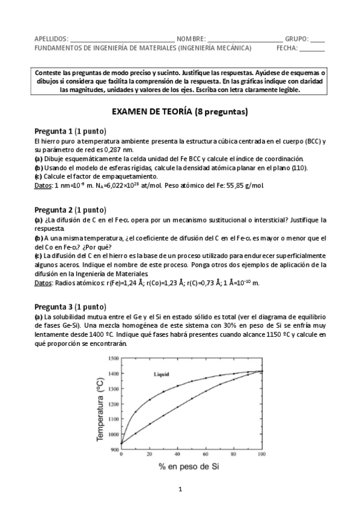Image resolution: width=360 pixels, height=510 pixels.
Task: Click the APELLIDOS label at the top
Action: click(51, 38)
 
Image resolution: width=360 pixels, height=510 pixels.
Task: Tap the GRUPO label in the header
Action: click(296, 38)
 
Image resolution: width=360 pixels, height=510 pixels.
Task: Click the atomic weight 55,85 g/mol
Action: click(246, 185)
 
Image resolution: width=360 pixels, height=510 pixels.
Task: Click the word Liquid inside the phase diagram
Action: click(161, 374)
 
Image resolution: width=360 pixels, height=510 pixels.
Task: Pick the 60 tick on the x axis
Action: click(205, 455)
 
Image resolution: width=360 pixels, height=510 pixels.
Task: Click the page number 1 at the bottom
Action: click(180, 489)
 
